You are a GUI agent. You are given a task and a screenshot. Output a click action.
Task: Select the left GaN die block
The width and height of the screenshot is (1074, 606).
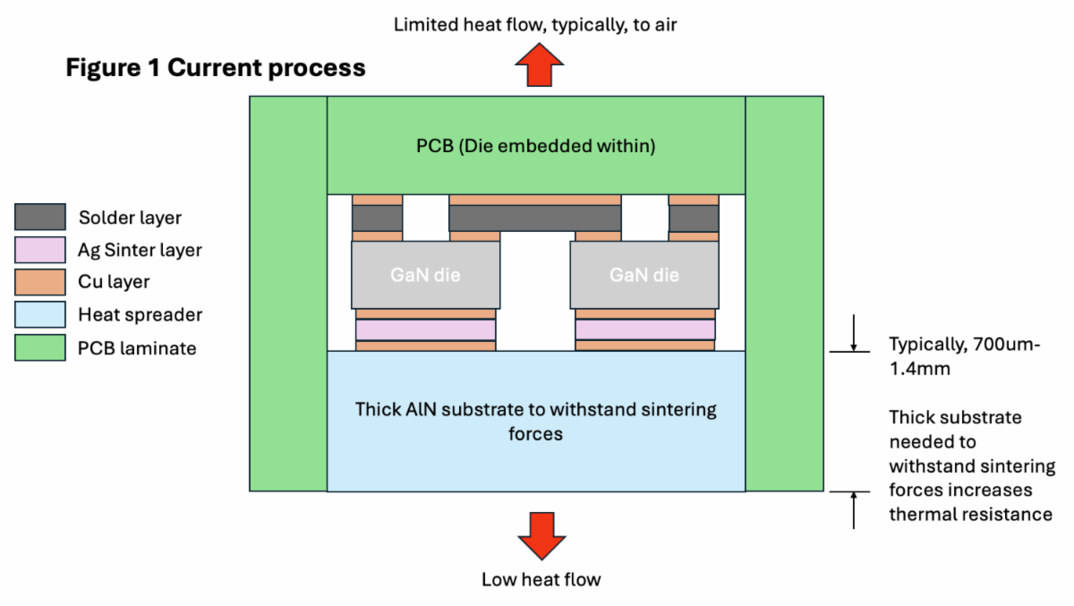[x=425, y=275]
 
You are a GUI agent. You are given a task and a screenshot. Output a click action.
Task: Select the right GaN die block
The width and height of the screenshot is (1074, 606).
[x=644, y=275]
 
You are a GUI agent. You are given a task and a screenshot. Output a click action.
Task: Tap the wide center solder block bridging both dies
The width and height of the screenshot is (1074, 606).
[x=535, y=218]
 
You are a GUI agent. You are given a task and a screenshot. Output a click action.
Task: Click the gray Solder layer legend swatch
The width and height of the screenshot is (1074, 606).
[x=39, y=218]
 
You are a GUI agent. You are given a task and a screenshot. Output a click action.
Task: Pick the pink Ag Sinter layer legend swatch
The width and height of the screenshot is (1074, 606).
[x=39, y=250]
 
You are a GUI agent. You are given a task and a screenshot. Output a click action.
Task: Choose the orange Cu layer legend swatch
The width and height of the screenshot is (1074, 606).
[x=39, y=282]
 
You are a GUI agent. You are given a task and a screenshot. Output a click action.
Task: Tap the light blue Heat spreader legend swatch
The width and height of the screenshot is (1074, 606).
[x=39, y=314]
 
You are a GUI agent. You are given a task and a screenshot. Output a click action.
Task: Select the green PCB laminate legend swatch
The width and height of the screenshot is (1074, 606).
[x=39, y=347]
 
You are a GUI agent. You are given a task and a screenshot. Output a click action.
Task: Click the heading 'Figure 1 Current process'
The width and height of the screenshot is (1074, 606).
[x=216, y=68]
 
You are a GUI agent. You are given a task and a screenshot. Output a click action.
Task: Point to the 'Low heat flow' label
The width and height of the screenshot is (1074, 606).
[x=541, y=579]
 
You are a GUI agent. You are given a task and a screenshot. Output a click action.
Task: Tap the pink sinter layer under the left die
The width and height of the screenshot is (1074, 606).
[x=425, y=329]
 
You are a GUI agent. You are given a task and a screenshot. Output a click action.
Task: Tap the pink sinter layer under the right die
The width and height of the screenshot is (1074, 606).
[x=644, y=329]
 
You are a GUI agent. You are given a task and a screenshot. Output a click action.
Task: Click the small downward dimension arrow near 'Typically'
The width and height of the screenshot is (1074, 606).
[x=855, y=334]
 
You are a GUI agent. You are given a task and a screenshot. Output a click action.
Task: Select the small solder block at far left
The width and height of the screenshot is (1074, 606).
[x=377, y=218]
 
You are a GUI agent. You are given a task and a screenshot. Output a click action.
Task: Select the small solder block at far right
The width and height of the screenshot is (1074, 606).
[x=694, y=218]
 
